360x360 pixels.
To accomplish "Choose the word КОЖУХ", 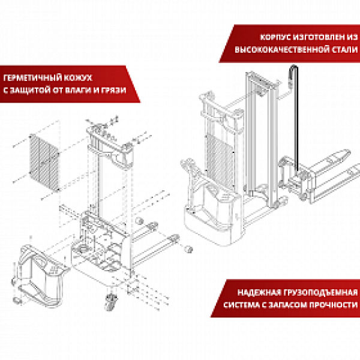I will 77,79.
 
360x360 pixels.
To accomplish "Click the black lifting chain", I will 295,120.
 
